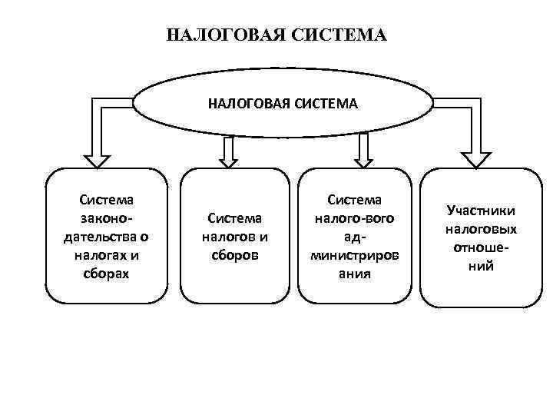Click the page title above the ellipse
(x=276, y=35)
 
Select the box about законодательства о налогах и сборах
(x=106, y=237)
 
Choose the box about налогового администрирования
(x=356, y=237)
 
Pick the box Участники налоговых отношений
(x=480, y=237)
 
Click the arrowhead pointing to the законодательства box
(x=97, y=161)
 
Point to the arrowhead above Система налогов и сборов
(x=229, y=160)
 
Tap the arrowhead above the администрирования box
(x=364, y=160)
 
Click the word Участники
(x=481, y=211)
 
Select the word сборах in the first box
(x=106, y=272)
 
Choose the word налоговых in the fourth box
(x=481, y=230)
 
